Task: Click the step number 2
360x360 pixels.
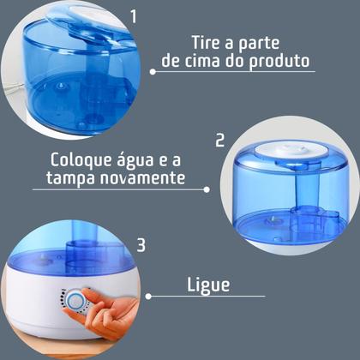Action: [219, 140]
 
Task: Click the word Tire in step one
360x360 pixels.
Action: [205, 45]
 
